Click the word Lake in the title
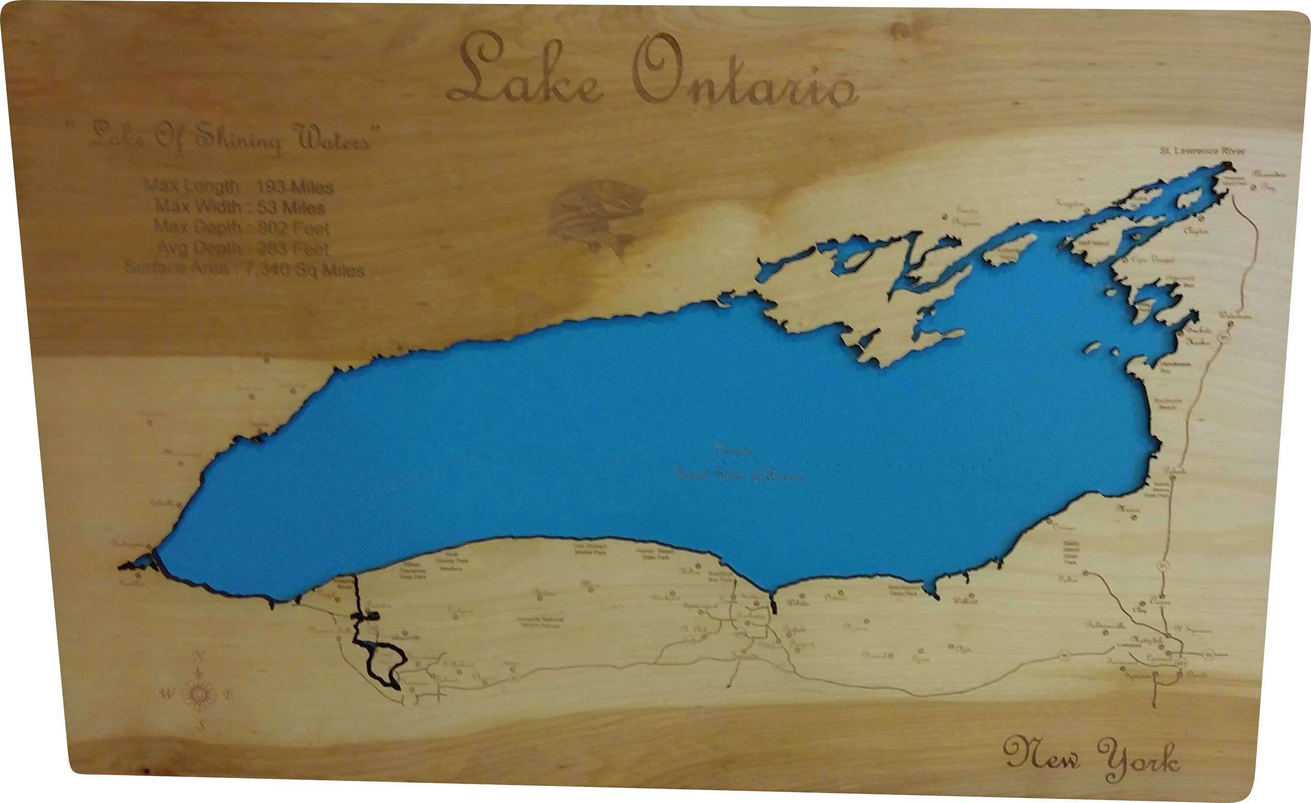524,69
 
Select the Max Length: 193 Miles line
239,187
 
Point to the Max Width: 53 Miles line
240,206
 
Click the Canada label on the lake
733,451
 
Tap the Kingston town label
1069,204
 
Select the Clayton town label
1196,231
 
